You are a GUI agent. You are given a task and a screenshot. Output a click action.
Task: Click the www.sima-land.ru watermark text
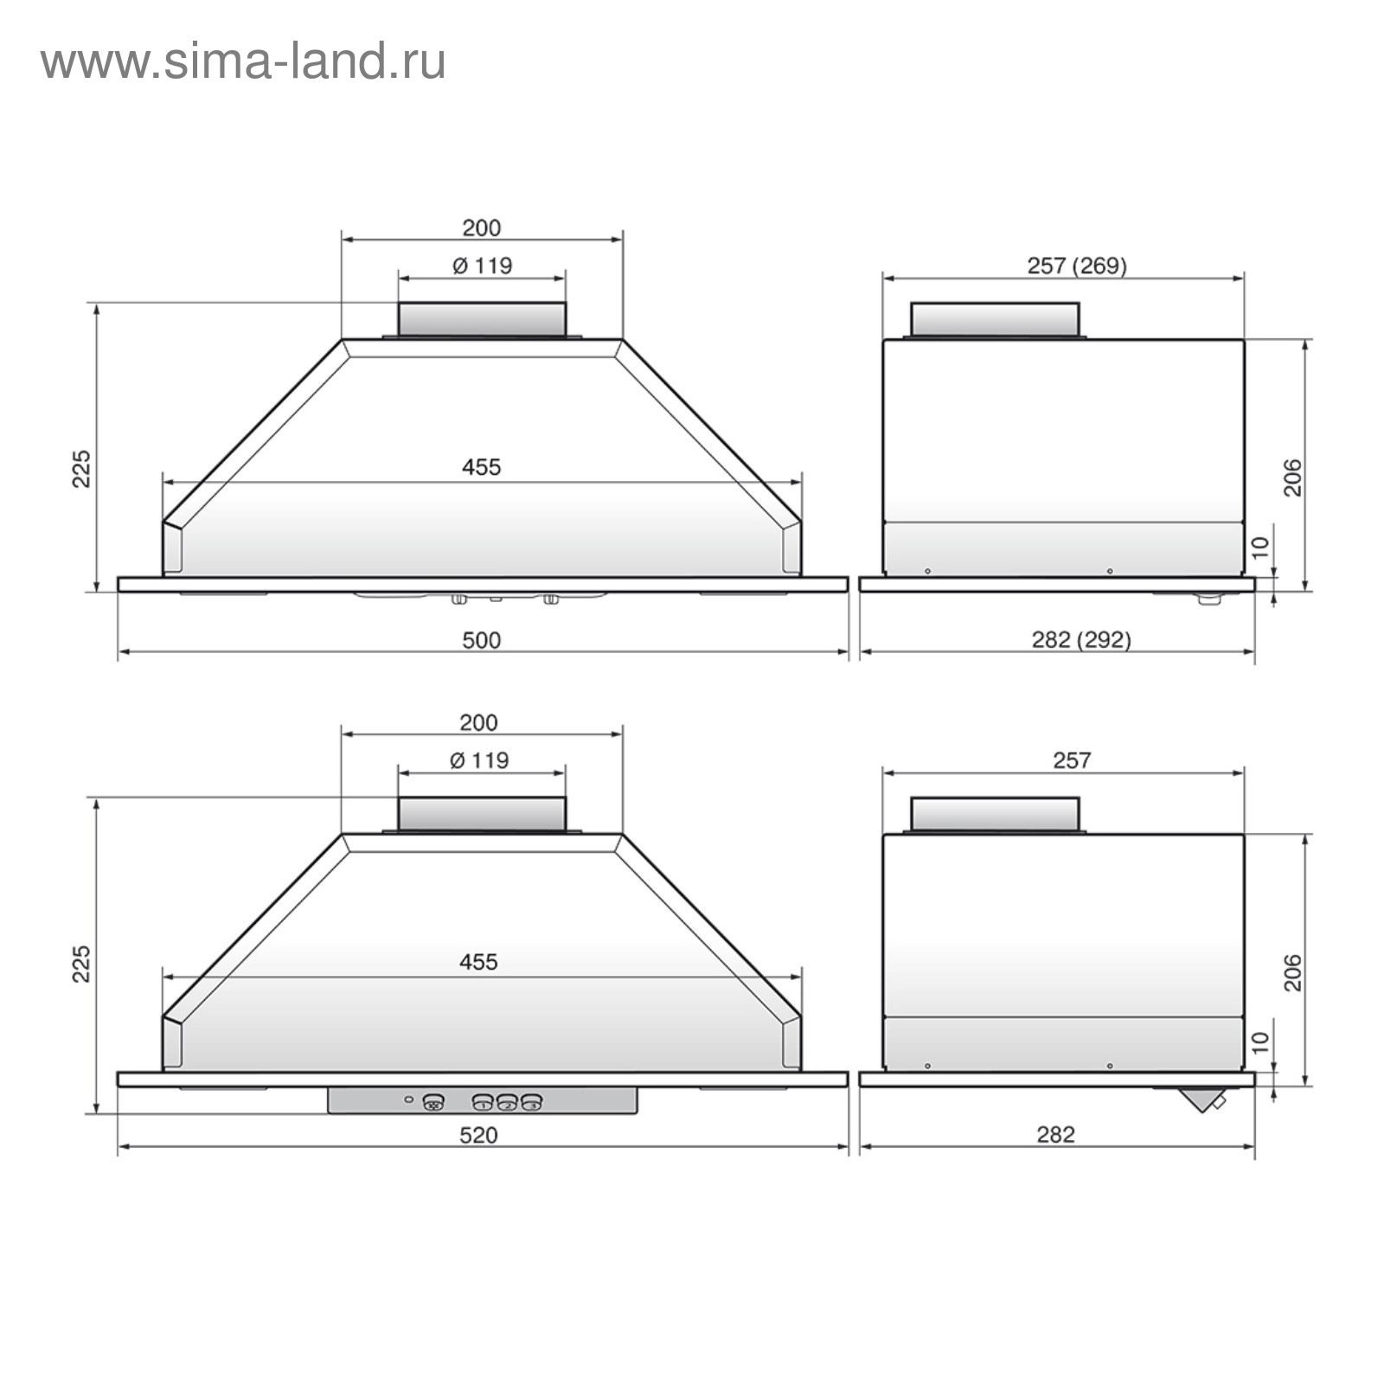pyautogui.click(x=243, y=62)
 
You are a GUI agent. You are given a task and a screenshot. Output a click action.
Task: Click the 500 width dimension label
pyautogui.click(x=481, y=640)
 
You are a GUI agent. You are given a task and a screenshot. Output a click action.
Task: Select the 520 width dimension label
pyautogui.click(x=478, y=1135)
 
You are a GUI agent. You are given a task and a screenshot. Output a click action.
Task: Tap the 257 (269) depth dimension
pyautogui.click(x=1077, y=266)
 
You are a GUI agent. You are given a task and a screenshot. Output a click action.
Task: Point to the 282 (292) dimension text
pyautogui.click(x=1081, y=640)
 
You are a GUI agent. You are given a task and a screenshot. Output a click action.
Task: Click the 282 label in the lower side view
pyautogui.click(x=1055, y=1135)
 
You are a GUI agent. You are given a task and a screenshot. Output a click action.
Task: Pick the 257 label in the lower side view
pyautogui.click(x=1072, y=760)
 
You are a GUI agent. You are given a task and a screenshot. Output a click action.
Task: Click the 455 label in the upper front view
pyautogui.click(x=481, y=467)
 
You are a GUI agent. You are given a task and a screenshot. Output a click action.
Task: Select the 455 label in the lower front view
pyautogui.click(x=478, y=962)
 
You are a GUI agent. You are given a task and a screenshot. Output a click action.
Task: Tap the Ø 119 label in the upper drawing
pyautogui.click(x=482, y=266)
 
